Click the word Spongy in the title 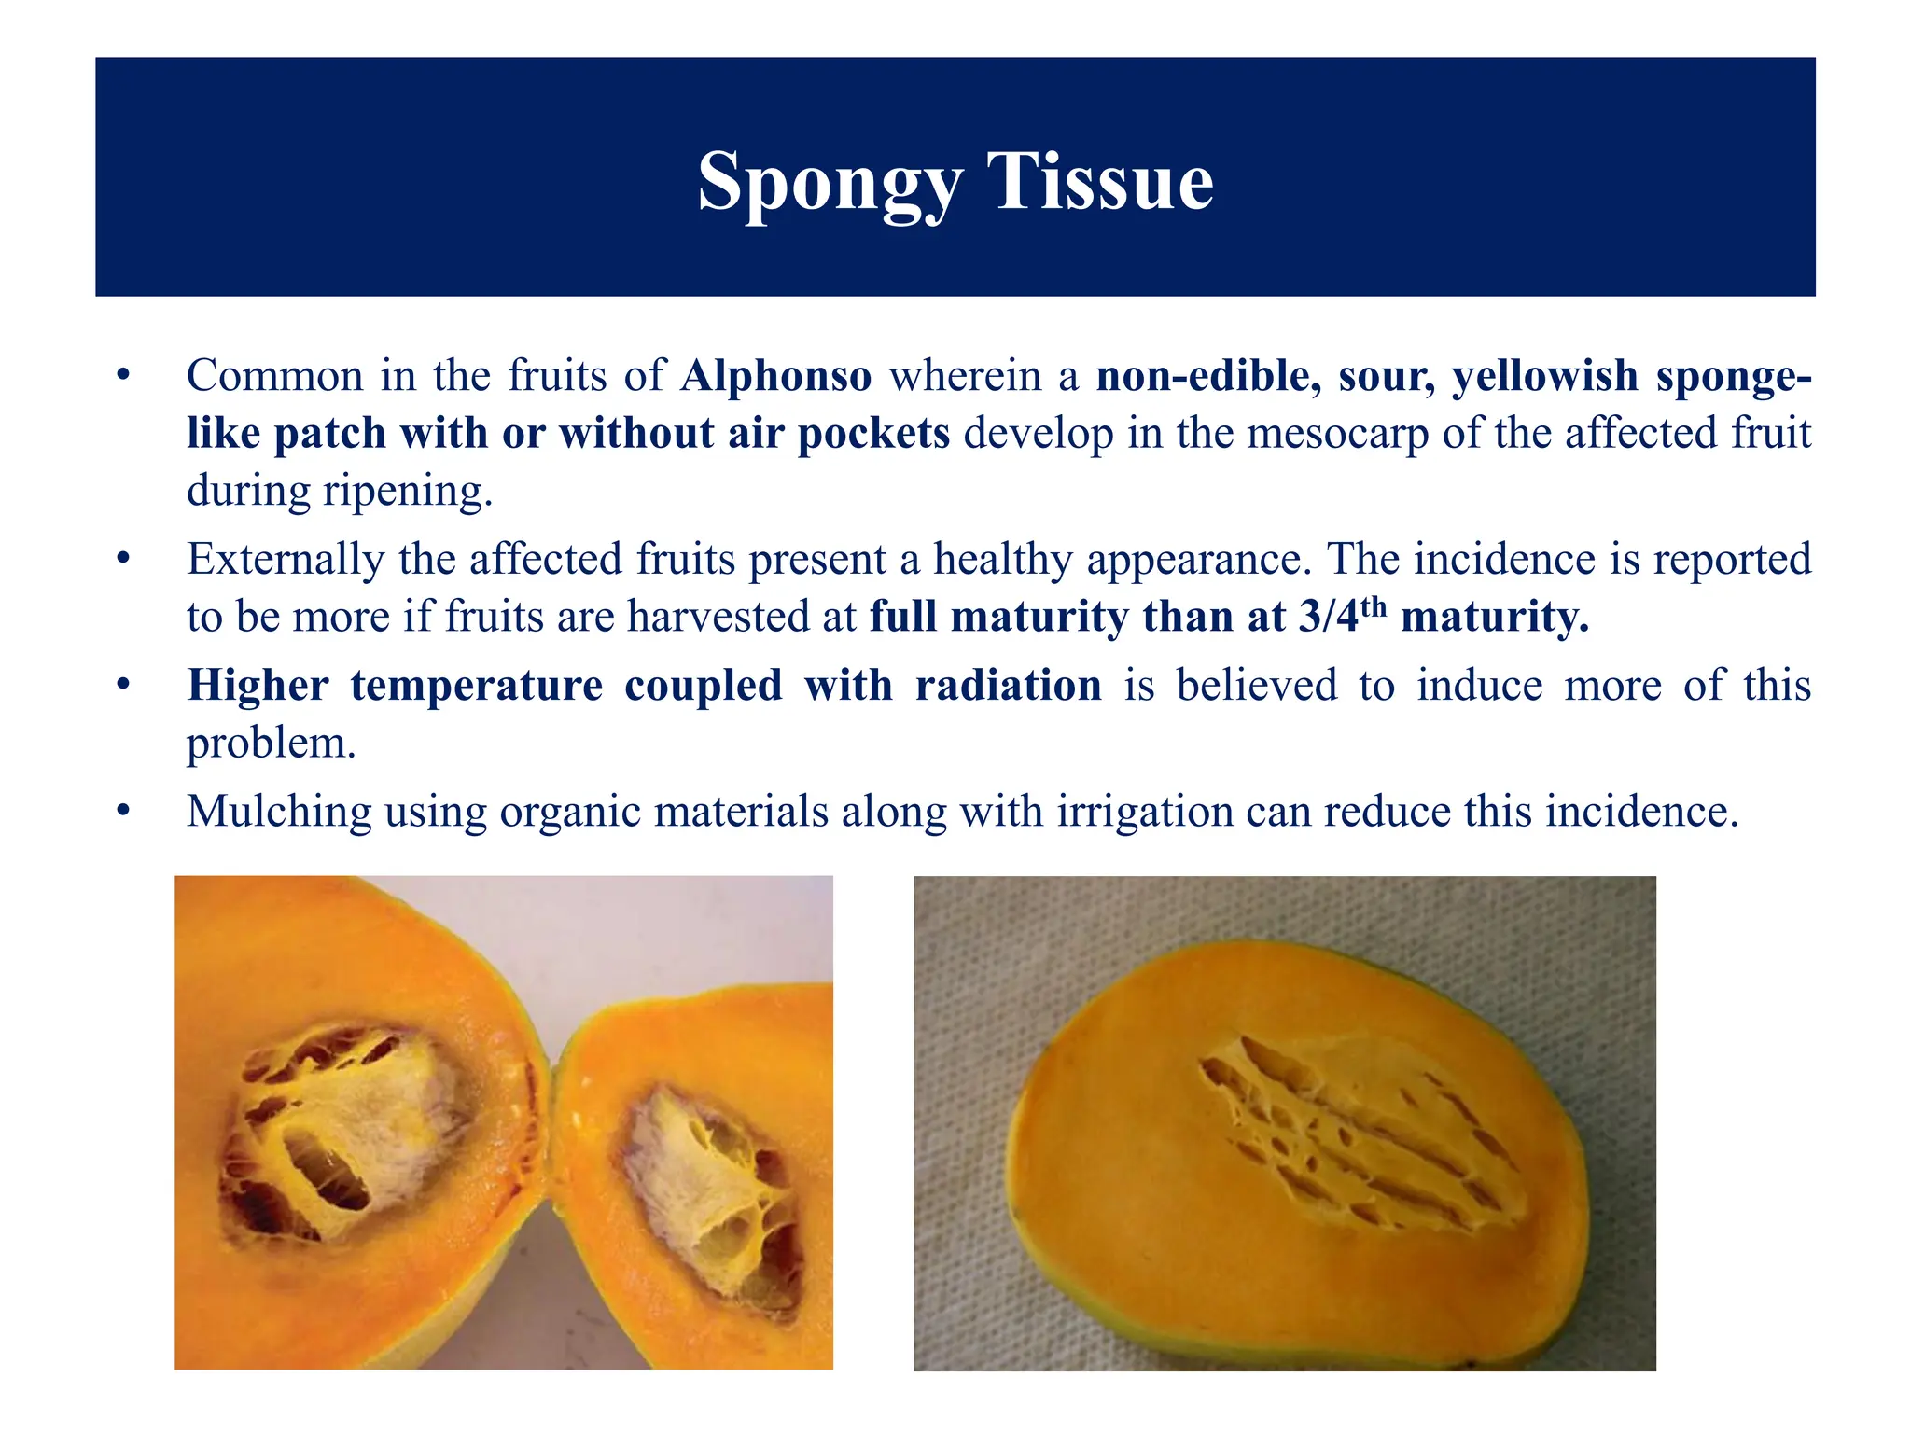[x=829, y=182]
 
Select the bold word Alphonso [x=776, y=376]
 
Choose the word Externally [x=285, y=560]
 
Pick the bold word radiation [x=1008, y=686]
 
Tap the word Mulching [x=279, y=812]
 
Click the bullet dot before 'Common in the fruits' [x=122, y=376]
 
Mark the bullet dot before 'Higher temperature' [x=122, y=686]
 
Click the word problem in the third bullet [x=271, y=744]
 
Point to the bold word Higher [x=258, y=686]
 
